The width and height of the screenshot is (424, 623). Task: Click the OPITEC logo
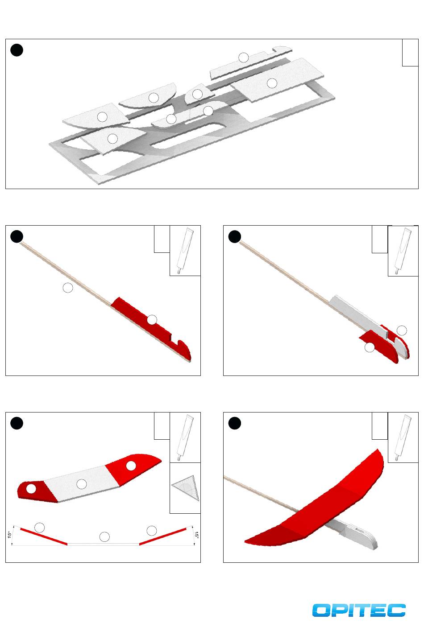[359, 610]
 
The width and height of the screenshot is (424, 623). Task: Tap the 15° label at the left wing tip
[9, 535]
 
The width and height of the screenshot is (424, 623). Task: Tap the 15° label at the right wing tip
[196, 535]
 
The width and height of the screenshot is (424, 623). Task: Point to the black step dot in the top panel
[17, 50]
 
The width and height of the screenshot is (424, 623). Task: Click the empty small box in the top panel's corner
[410, 53]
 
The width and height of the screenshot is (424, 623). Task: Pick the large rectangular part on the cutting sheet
[277, 80]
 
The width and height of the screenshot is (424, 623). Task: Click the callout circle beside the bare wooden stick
[68, 288]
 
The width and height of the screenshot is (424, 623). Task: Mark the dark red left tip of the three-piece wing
[36, 491]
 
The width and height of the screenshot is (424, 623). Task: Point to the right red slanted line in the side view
[162, 536]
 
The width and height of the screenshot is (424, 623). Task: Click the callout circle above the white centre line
[104, 537]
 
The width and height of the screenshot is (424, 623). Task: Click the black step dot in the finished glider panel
[235, 423]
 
